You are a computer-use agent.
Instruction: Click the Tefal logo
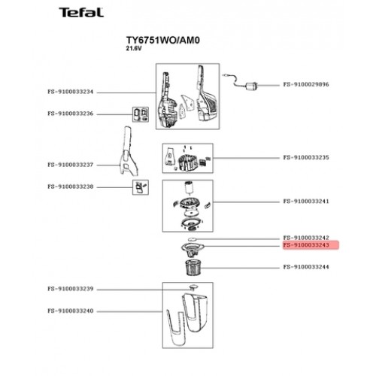point(81,13)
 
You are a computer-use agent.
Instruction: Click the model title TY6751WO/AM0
point(163,40)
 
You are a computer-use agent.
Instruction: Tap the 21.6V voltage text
point(134,49)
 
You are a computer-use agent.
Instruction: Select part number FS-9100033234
point(71,92)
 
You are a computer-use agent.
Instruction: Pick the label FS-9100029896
point(306,84)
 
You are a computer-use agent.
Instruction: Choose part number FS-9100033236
point(71,114)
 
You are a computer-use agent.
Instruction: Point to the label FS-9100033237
point(71,165)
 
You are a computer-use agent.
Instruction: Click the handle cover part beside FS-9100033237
point(129,151)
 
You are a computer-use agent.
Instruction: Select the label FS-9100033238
point(71,186)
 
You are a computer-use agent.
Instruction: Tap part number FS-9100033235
point(306,158)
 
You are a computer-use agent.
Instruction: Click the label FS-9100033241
point(306,202)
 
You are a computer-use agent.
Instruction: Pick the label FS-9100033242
point(306,238)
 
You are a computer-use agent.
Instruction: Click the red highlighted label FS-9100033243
point(306,245)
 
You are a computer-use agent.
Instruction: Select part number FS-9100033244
point(306,267)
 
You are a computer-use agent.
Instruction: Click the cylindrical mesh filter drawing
point(193,268)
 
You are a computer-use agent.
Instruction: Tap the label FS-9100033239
point(71,289)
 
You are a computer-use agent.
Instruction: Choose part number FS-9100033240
point(71,311)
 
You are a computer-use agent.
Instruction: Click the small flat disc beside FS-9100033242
point(193,239)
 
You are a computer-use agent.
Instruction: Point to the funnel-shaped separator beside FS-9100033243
point(193,250)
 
